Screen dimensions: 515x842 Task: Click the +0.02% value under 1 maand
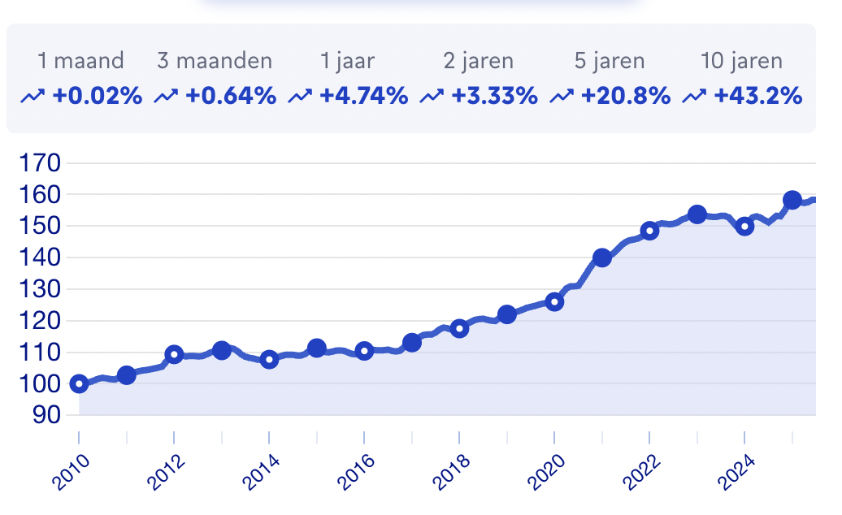pyautogui.click(x=97, y=96)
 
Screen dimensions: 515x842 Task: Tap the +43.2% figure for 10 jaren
pyautogui.click(x=757, y=96)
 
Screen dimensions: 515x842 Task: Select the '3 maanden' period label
pyautogui.click(x=215, y=61)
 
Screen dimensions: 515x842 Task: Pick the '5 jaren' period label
pyautogui.click(x=609, y=61)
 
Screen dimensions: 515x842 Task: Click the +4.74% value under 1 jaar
pyautogui.click(x=363, y=96)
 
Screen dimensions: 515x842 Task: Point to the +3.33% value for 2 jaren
pyautogui.click(x=494, y=96)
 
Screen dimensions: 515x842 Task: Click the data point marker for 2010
pyautogui.click(x=79, y=383)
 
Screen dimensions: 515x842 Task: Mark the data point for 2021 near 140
pyautogui.click(x=602, y=257)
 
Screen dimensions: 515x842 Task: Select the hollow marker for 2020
pyautogui.click(x=554, y=301)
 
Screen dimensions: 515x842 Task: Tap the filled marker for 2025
pyautogui.click(x=792, y=200)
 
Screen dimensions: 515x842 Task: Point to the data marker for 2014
pyautogui.click(x=269, y=359)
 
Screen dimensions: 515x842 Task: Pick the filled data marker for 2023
pyautogui.click(x=697, y=214)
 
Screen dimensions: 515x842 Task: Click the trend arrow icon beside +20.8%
pyautogui.click(x=562, y=97)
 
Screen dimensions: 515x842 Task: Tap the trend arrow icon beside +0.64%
pyautogui.click(x=167, y=97)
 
